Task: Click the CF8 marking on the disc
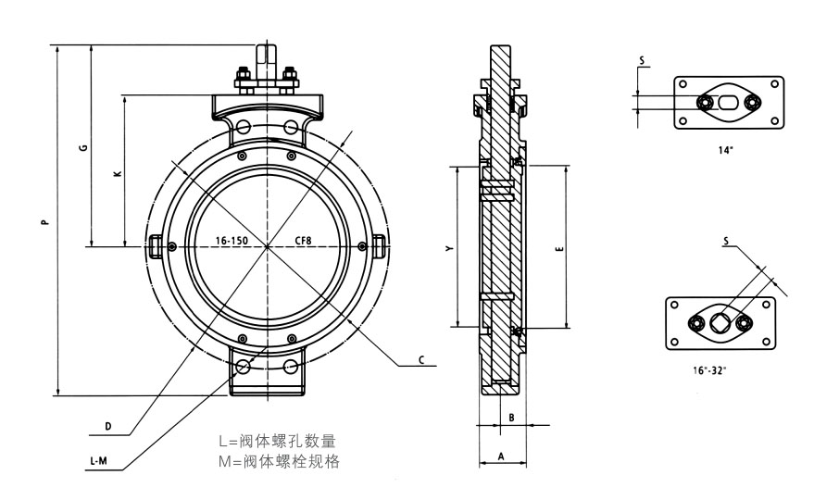303,241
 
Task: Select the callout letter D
108,426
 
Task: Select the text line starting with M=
278,460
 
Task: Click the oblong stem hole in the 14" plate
729,101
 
